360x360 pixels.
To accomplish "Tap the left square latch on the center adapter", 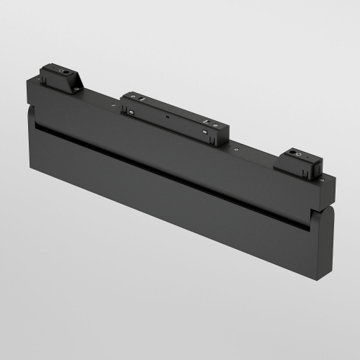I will click(x=132, y=112).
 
